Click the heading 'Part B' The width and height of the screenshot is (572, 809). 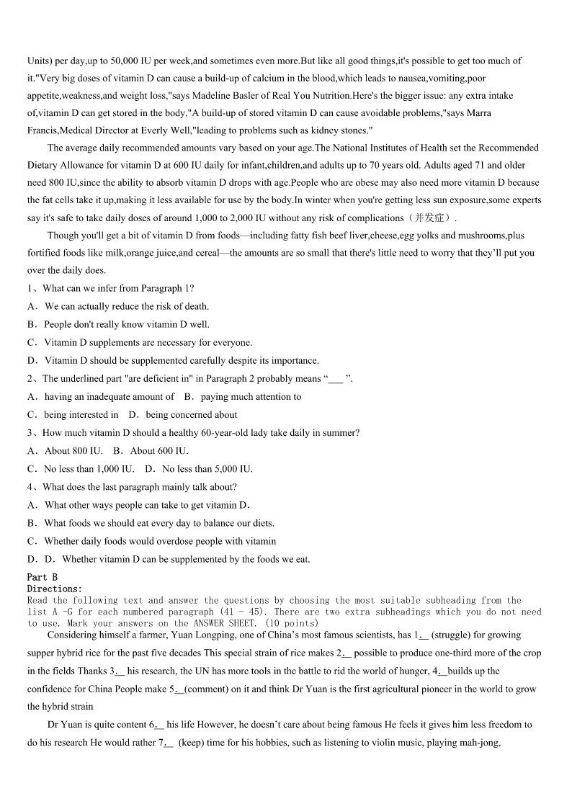[42, 577]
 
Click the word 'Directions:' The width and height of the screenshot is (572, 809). [55, 589]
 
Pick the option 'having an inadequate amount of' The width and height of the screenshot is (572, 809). [110, 397]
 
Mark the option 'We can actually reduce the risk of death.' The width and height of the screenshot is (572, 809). [127, 306]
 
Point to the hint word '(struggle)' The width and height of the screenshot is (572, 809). [453, 635]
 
